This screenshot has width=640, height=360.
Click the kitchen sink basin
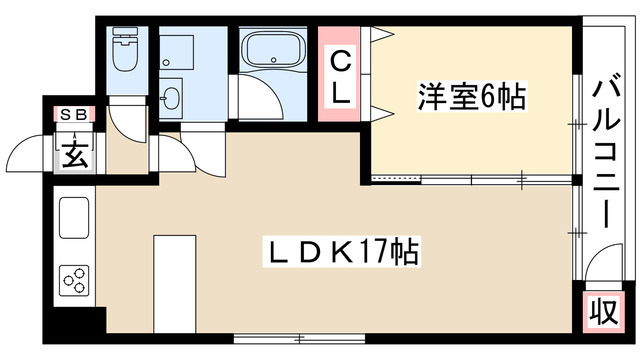[75, 218]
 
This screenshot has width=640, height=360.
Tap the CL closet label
[341, 75]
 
